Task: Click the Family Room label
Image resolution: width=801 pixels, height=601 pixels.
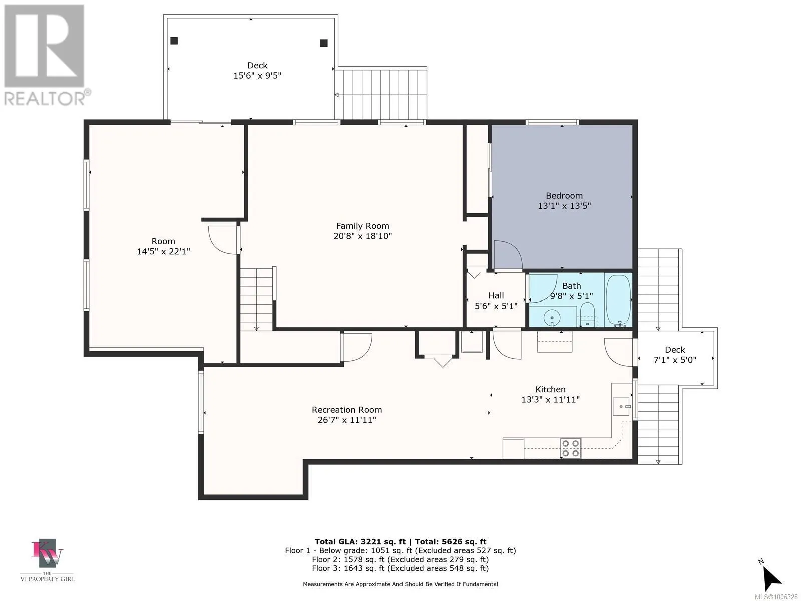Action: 363,226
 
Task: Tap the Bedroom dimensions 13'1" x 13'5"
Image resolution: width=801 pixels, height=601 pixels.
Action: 564,206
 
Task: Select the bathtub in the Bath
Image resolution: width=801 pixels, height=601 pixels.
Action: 618,300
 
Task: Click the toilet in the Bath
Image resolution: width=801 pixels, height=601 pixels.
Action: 587,314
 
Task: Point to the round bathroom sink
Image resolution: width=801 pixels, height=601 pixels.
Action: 552,318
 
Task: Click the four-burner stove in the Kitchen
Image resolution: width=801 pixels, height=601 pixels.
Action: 571,448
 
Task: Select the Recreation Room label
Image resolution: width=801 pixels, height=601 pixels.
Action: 346,409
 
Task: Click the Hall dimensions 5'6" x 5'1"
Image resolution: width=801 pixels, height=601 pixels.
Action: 496,306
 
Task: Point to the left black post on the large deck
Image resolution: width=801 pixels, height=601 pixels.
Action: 174,41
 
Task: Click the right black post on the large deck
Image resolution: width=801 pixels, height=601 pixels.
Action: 324,43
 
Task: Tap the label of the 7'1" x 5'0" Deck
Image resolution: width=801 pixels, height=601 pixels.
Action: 675,350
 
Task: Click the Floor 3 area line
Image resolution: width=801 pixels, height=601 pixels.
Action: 400,568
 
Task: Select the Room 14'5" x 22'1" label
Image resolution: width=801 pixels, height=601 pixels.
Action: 163,246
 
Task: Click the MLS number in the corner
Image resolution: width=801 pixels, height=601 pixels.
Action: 776,597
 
